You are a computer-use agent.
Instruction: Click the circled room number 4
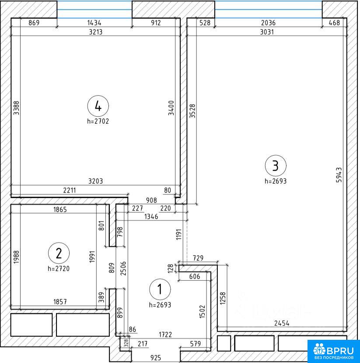coord(98,106)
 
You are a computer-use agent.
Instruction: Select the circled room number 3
coord(276,166)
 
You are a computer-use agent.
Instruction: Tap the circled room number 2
coord(59,253)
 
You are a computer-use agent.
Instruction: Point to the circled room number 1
coord(160,290)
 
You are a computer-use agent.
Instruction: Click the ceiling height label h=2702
coord(98,121)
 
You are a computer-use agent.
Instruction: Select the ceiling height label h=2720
coord(59,269)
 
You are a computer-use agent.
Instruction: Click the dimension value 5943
coord(339,175)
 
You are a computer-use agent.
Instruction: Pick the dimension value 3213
coord(96,32)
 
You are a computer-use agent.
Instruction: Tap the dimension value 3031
coord(267,32)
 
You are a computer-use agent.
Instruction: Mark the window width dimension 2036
coord(268,23)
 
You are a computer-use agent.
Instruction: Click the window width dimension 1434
coord(94,23)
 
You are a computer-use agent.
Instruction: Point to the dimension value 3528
coord(192,111)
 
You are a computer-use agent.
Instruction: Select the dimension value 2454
coord(282,323)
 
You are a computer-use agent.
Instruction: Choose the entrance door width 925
coord(156,358)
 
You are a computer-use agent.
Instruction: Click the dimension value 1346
coord(151,216)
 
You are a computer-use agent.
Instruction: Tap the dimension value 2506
coord(123,269)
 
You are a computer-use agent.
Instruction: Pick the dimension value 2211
coord(70,190)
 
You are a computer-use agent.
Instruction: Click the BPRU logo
coord(334,351)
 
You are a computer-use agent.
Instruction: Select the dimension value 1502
coord(203,311)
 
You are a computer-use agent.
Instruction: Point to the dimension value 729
coord(198,258)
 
